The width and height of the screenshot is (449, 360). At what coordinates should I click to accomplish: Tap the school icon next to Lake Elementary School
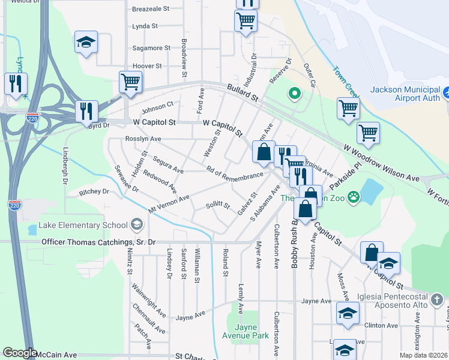136,225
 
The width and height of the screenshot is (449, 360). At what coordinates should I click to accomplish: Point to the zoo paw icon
354,196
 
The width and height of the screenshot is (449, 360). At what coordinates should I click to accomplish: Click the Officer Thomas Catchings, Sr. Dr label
98,242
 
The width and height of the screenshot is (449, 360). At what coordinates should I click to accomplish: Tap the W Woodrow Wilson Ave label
381,163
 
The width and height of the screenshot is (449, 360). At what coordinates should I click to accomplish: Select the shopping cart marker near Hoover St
130,82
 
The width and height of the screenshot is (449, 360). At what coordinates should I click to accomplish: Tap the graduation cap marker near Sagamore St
86,43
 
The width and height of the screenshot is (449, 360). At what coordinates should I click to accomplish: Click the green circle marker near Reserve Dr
294,94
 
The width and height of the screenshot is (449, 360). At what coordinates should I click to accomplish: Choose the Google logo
19,353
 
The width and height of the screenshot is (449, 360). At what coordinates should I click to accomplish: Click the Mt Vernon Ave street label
169,203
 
